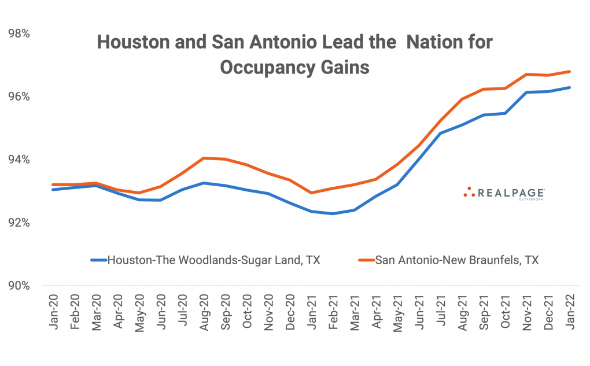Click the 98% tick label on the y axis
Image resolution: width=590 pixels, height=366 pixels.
click(x=19, y=34)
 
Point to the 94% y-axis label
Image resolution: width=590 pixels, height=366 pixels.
click(x=19, y=160)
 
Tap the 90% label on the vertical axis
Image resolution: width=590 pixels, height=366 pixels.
click(x=19, y=286)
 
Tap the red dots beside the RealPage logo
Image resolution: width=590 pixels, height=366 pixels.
click(x=469, y=192)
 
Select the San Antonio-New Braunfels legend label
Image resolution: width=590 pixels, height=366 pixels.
click(x=457, y=260)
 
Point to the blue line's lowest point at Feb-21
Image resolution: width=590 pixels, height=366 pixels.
click(x=332, y=213)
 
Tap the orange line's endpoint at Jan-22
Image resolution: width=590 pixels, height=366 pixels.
click(x=570, y=72)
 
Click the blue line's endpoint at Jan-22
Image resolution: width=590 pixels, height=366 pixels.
click(x=570, y=88)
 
